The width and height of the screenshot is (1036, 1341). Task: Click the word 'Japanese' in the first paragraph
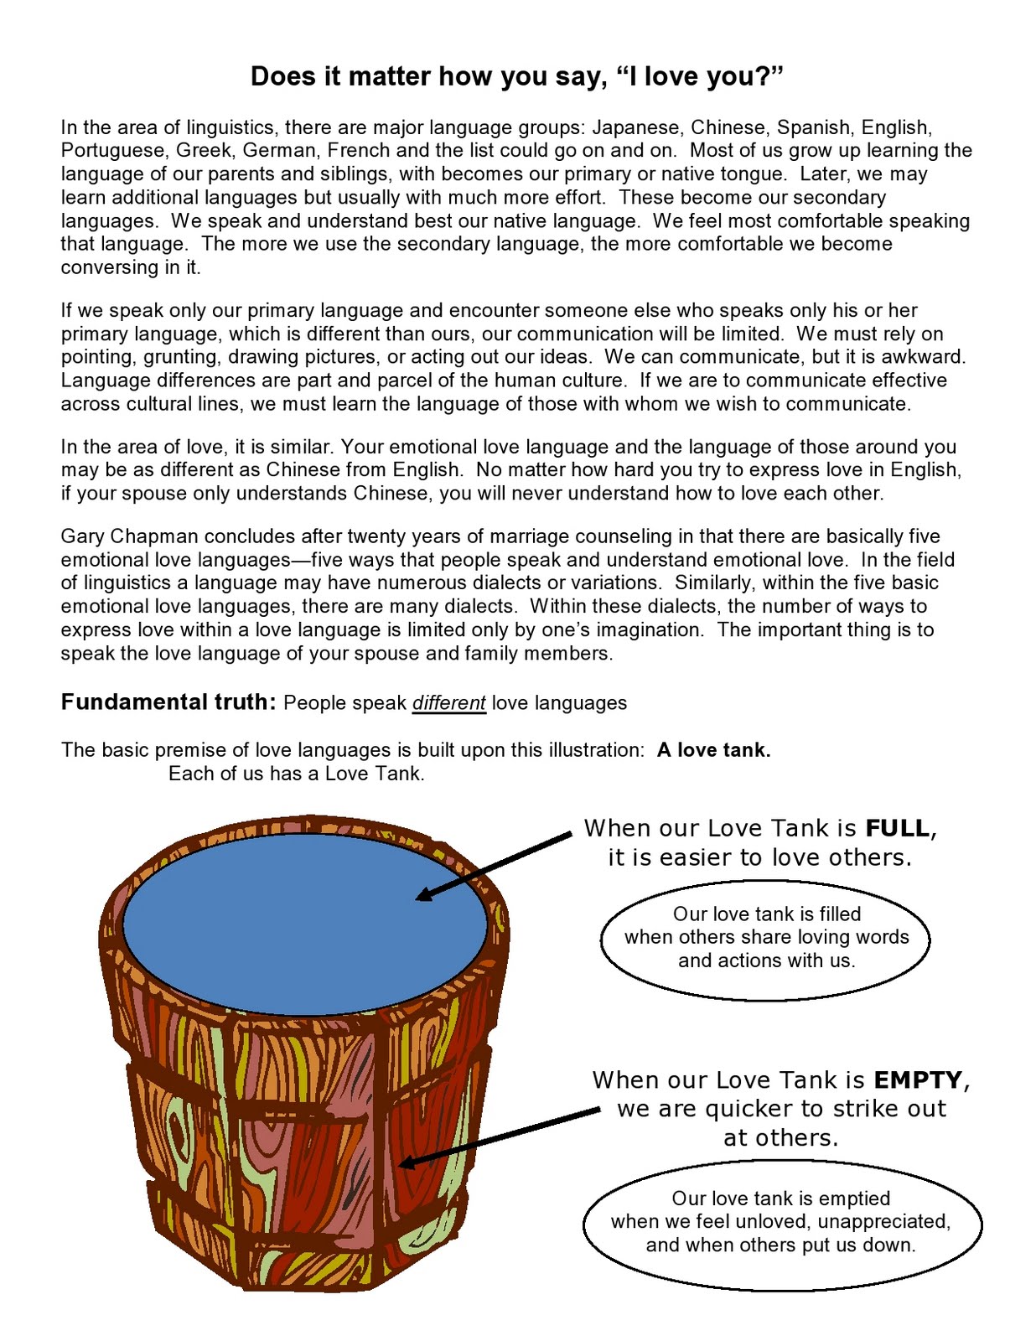click(x=637, y=127)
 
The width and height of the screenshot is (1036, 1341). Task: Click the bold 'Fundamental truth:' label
click(x=168, y=702)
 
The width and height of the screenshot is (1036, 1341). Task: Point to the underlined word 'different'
click(x=448, y=703)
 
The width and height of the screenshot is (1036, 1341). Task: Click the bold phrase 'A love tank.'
click(x=714, y=750)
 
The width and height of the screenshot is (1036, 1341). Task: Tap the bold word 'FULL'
click(x=898, y=828)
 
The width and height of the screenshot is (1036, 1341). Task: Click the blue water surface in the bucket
click(x=305, y=924)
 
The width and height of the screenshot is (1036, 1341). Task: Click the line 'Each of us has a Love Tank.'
click(x=297, y=774)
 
